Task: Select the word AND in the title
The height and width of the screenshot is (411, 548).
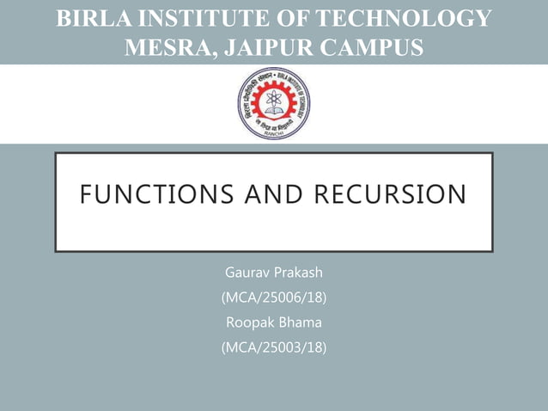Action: pyautogui.click(x=274, y=195)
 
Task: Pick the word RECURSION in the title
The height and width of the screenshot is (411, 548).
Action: pyautogui.click(x=390, y=195)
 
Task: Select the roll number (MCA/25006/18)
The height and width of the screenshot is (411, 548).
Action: pyautogui.click(x=274, y=298)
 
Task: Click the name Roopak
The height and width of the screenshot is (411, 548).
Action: pyautogui.click(x=248, y=323)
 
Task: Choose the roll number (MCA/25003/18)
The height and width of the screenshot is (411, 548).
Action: pyautogui.click(x=274, y=348)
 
